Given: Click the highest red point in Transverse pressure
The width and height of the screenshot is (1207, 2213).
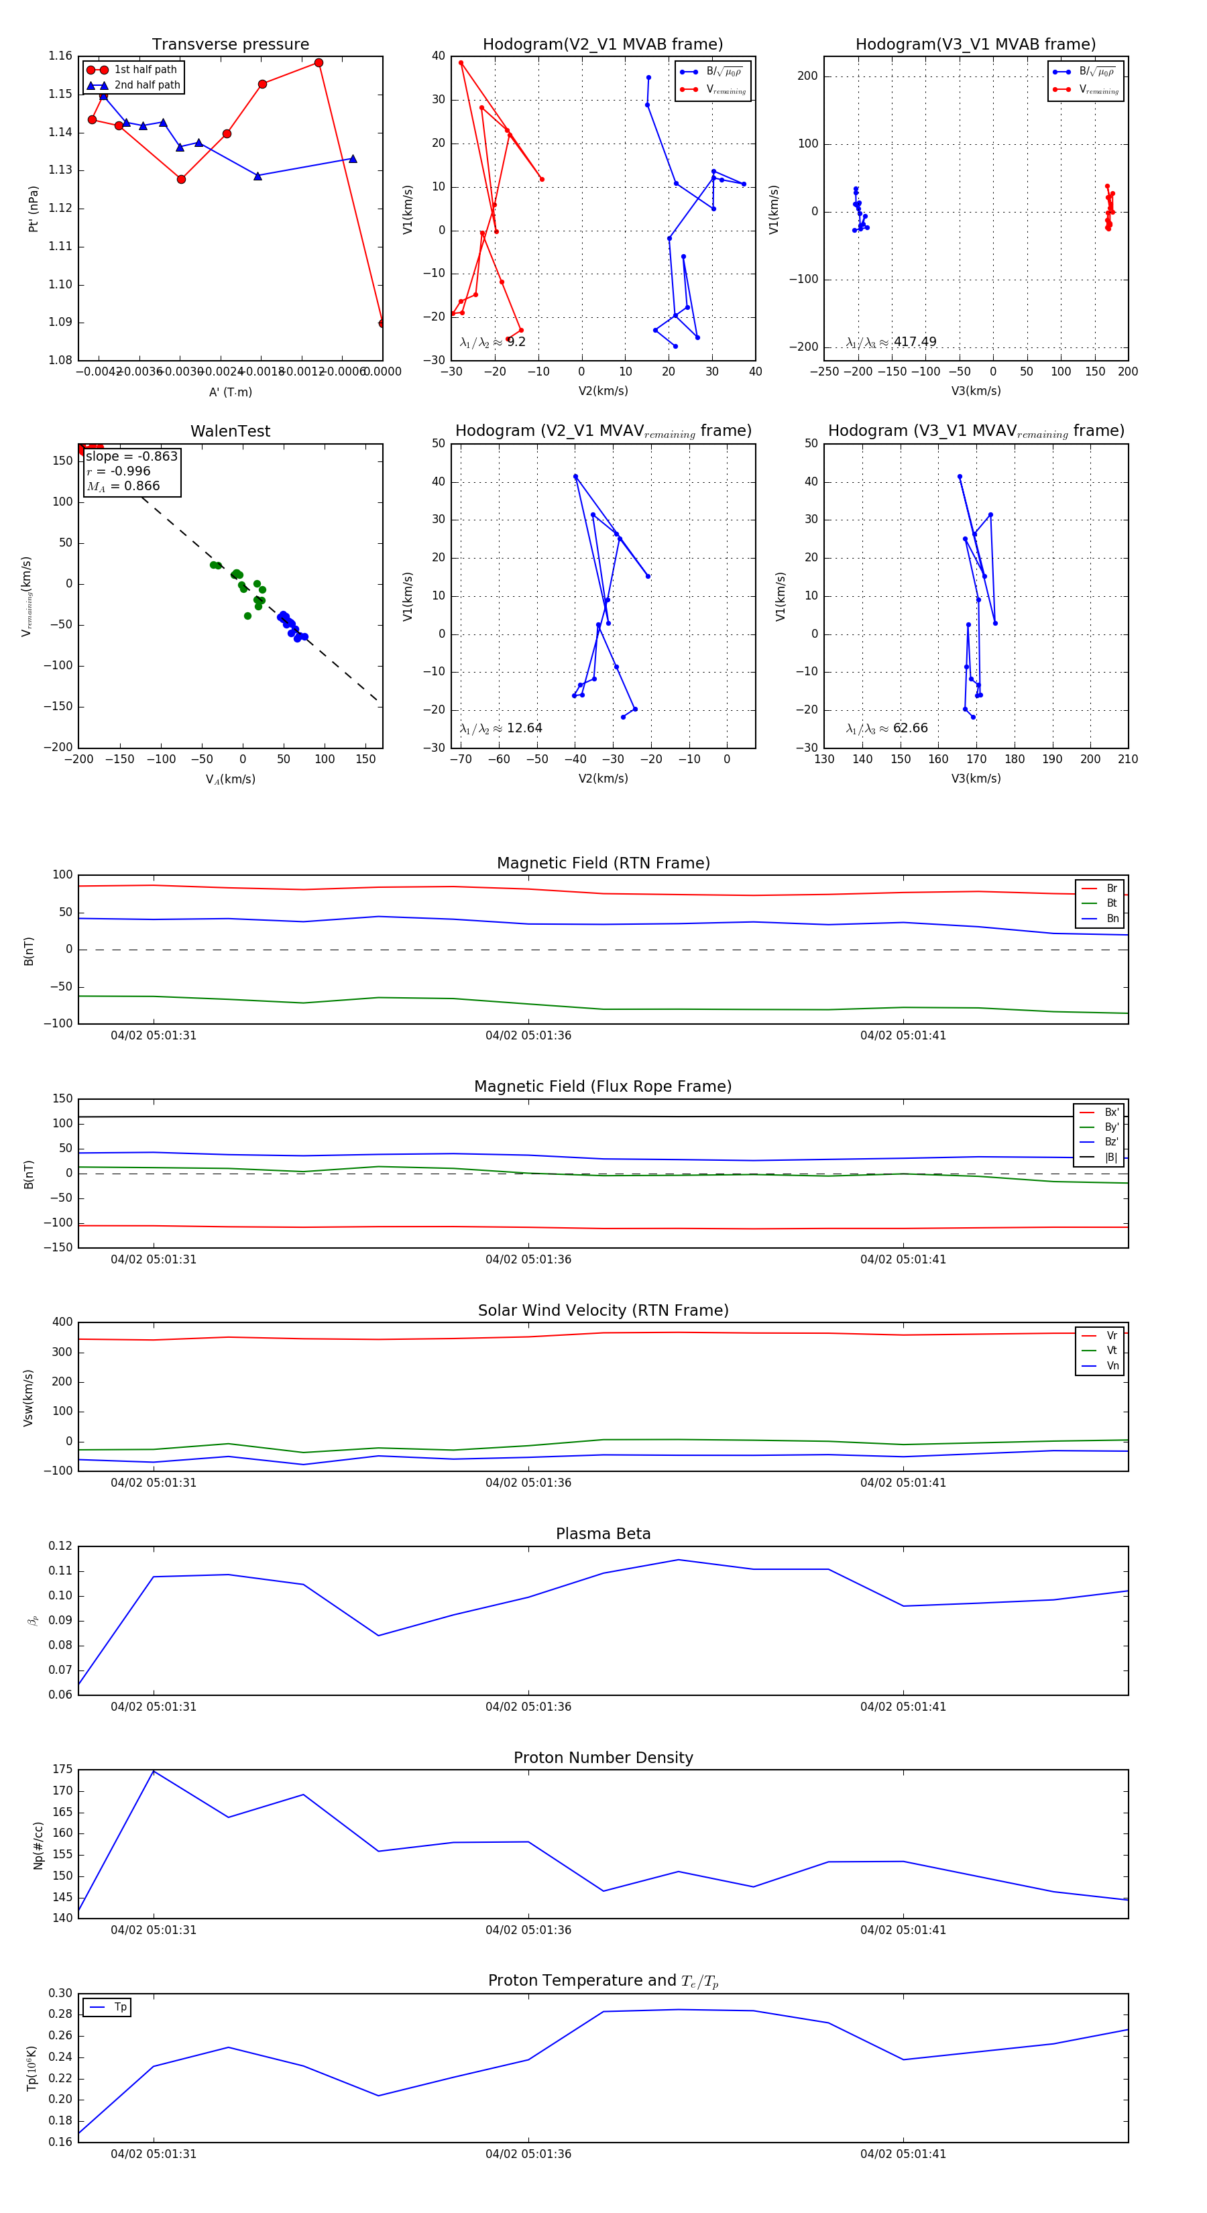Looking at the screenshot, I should tap(319, 63).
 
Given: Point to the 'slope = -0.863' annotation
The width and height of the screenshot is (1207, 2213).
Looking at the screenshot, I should tap(131, 456).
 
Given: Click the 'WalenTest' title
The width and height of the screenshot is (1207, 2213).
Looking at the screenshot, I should tap(230, 431).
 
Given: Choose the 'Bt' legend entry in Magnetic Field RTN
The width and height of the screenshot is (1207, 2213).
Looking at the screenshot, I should tap(1111, 903).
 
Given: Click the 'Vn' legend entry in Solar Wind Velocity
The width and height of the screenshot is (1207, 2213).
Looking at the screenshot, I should tap(1112, 1366).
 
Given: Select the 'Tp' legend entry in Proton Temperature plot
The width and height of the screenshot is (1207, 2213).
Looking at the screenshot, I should tap(120, 2007).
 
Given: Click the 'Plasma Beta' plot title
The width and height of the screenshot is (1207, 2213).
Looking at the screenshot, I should tap(603, 1534).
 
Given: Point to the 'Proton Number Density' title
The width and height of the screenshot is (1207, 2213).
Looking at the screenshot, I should tap(603, 1758).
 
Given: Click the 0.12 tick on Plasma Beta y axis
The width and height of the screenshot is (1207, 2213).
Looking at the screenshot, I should tap(60, 1546).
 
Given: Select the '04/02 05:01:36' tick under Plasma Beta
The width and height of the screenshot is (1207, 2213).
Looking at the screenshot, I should tap(528, 1706).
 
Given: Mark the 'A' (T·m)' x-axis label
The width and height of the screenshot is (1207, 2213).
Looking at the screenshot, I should tap(230, 392).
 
